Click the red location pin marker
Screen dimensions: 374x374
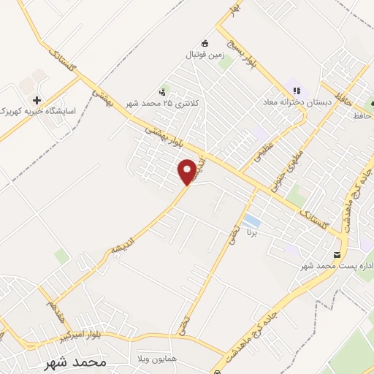point(188,172)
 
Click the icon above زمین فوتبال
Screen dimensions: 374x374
point(205,42)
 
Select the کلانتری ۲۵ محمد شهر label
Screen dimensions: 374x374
point(161,104)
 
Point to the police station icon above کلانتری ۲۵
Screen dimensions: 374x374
point(161,92)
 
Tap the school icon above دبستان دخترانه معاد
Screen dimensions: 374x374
point(297,91)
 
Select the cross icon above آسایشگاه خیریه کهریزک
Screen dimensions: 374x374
point(37,99)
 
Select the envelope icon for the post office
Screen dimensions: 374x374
point(337,253)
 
